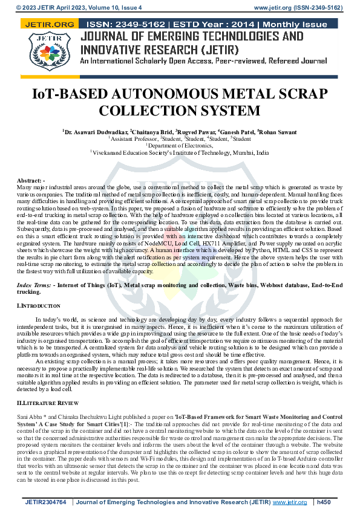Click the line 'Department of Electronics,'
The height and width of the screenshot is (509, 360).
180,146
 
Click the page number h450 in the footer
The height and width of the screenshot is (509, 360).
324,502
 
